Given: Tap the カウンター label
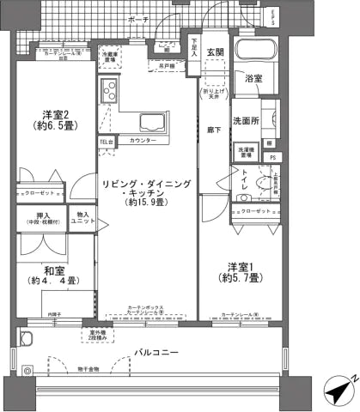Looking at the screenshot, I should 143,139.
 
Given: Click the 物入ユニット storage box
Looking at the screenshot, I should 83,220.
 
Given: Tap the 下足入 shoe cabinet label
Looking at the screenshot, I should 195,47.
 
